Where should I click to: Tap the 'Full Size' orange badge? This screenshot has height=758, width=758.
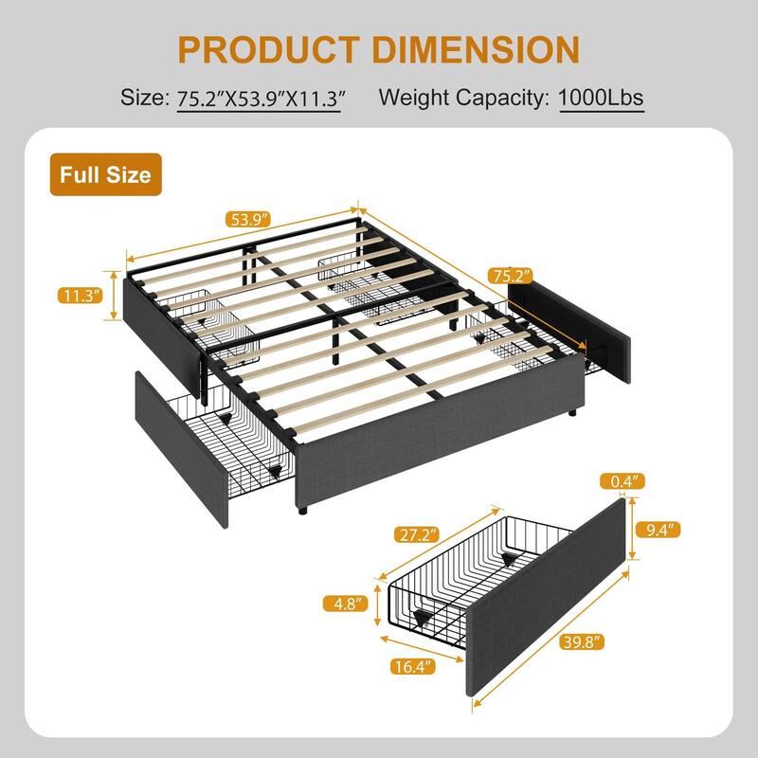point(105,174)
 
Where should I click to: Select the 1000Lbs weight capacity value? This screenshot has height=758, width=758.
point(602,98)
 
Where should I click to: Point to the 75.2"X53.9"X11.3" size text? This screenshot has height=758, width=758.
point(259,98)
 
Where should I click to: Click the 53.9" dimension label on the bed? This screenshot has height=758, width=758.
point(247,220)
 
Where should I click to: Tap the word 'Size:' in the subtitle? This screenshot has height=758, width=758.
point(144,98)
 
